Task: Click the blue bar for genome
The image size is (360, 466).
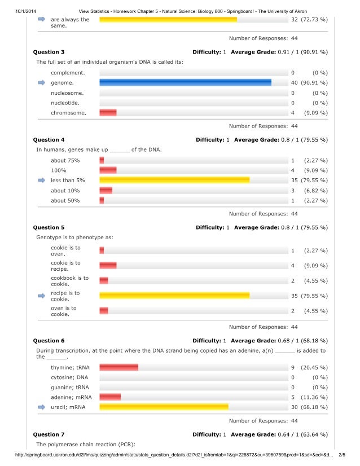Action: (x=185, y=83)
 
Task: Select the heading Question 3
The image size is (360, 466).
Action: (x=49, y=52)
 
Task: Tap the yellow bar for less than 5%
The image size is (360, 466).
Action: (x=174, y=181)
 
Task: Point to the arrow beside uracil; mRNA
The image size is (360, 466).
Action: (x=41, y=407)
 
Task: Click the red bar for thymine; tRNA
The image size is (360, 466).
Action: (x=119, y=367)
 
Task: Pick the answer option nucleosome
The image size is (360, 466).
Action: (x=67, y=93)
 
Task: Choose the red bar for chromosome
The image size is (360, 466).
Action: (x=108, y=113)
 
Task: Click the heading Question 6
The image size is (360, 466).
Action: (x=49, y=341)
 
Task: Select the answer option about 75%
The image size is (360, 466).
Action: (x=65, y=160)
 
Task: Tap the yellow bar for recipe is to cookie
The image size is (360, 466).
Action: (x=174, y=296)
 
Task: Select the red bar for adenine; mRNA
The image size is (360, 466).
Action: (x=110, y=397)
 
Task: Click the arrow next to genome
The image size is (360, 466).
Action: (x=41, y=83)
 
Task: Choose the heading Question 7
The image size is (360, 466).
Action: (x=49, y=435)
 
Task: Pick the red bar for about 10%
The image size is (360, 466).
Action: (x=106, y=191)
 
